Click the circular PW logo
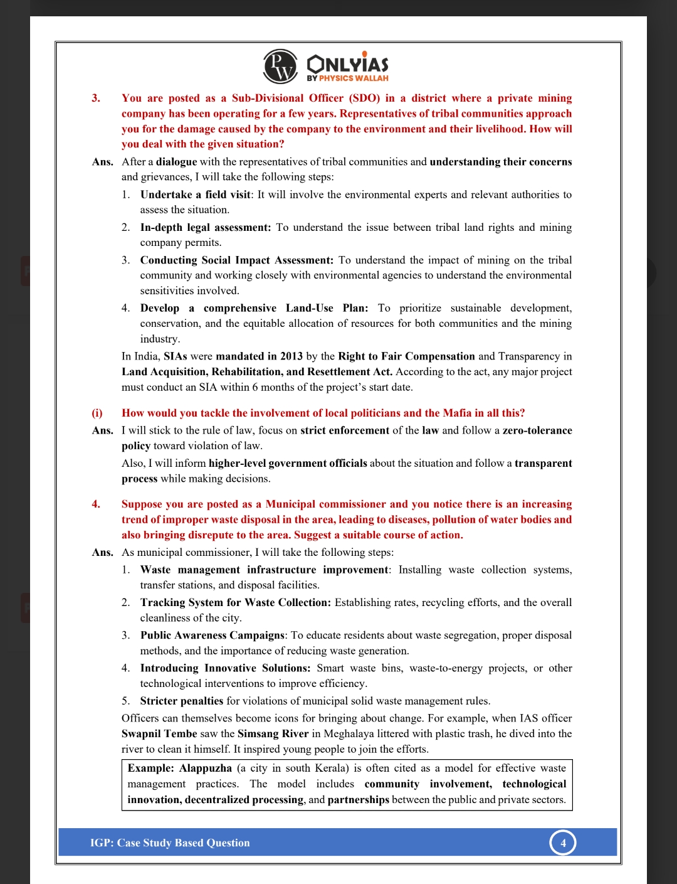(280, 67)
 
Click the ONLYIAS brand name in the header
(347, 64)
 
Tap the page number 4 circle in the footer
(563, 843)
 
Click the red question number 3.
(96, 98)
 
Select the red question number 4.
(96, 504)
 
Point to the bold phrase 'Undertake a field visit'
(195, 194)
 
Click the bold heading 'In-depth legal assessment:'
(206, 227)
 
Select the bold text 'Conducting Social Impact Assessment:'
(236, 260)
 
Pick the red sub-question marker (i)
(97, 413)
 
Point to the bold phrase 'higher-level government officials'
(288, 463)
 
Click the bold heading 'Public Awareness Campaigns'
(212, 635)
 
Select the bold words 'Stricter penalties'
(182, 701)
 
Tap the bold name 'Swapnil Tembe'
(159, 733)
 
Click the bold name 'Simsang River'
(273, 733)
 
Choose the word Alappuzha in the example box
(205, 768)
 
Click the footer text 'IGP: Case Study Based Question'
(170, 843)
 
